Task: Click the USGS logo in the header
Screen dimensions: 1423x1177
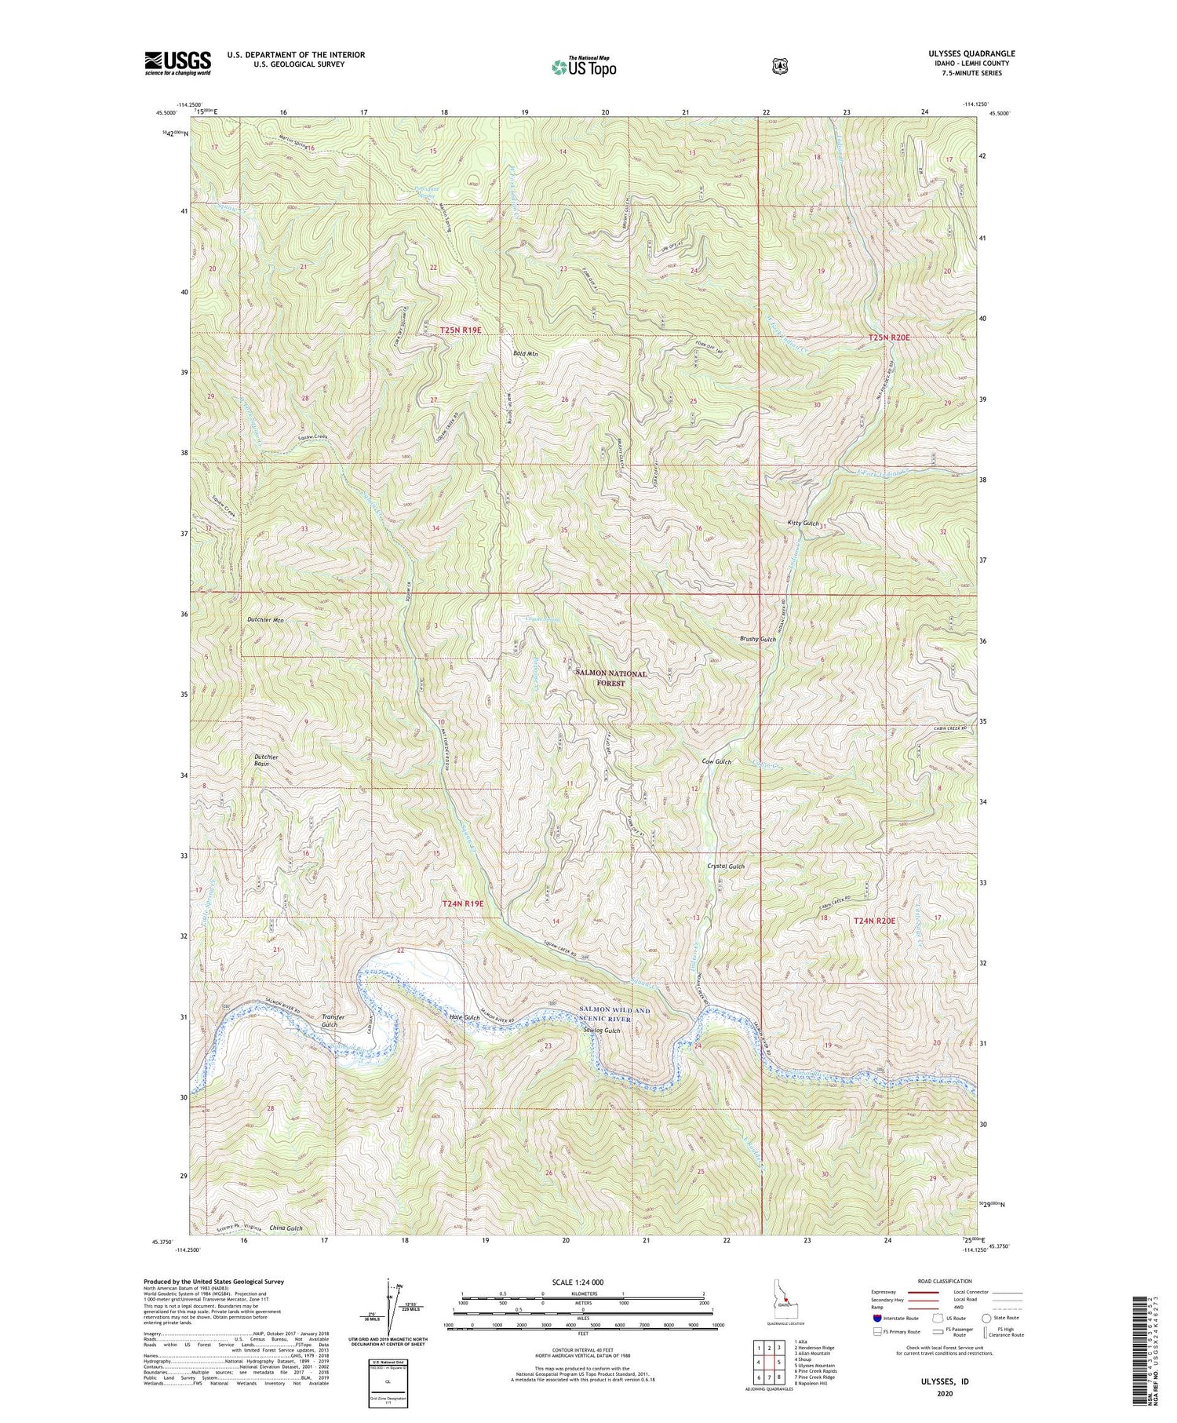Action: pyautogui.click(x=177, y=62)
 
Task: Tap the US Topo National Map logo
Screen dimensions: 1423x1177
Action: pyautogui.click(x=584, y=66)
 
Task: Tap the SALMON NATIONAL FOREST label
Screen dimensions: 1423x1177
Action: pyautogui.click(x=611, y=678)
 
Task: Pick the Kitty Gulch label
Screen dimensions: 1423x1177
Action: pyautogui.click(x=803, y=523)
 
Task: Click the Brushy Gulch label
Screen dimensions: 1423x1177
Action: pyautogui.click(x=758, y=639)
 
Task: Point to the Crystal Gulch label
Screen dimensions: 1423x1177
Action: pyautogui.click(x=726, y=866)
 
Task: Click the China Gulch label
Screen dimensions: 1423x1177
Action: pyautogui.click(x=285, y=1228)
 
